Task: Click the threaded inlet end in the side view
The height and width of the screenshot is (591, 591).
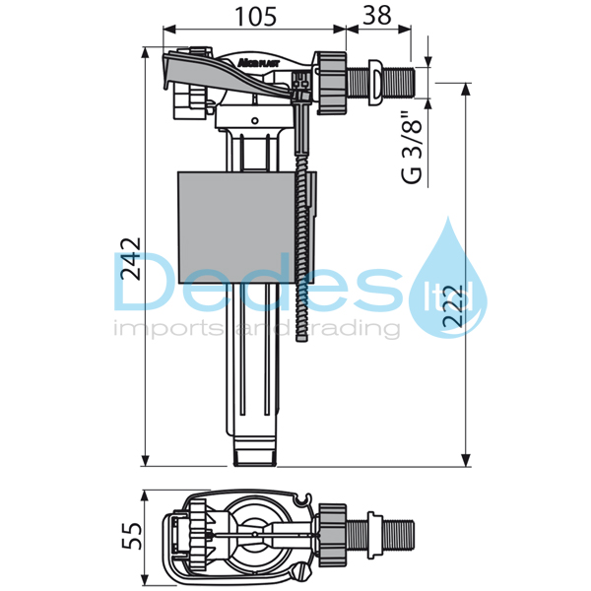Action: (402, 78)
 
